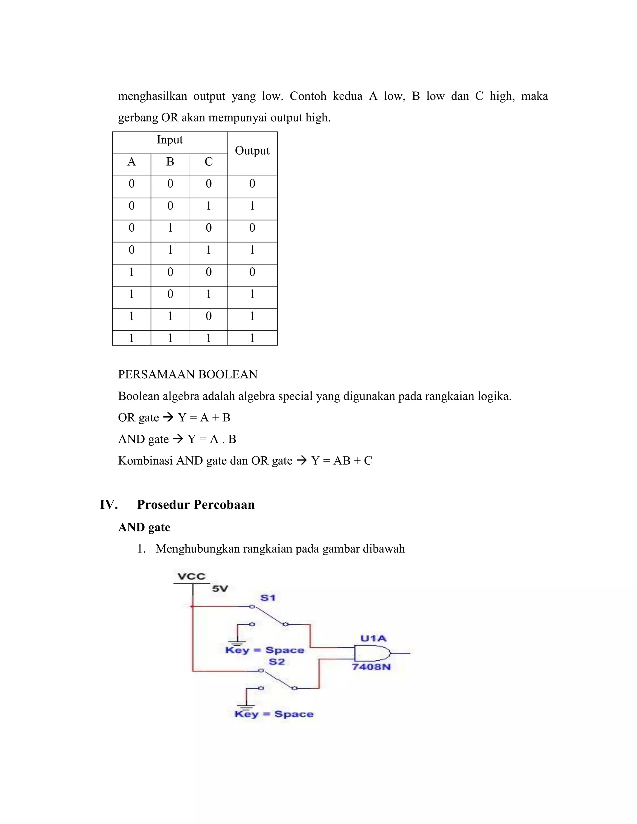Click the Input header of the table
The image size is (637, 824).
coord(170,140)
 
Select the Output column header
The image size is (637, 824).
coord(252,151)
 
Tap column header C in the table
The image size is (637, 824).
coord(208,162)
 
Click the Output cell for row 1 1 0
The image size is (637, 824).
coord(252,316)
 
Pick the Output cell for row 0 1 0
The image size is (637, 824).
coord(252,228)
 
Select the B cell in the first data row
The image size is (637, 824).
coord(170,184)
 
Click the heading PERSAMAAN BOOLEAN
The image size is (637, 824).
coord(188,374)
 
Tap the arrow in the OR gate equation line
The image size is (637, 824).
coord(168,417)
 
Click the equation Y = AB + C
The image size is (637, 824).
coord(342,461)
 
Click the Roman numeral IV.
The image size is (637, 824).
coord(109,505)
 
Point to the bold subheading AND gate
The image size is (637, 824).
coord(144,527)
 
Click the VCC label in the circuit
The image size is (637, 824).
coord(191,576)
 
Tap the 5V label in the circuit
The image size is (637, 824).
coord(220,589)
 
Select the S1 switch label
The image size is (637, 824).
coord(267,598)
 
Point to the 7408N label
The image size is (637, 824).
coord(371,667)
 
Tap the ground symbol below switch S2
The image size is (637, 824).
coord(246,705)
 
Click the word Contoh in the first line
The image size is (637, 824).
coord(308,96)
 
